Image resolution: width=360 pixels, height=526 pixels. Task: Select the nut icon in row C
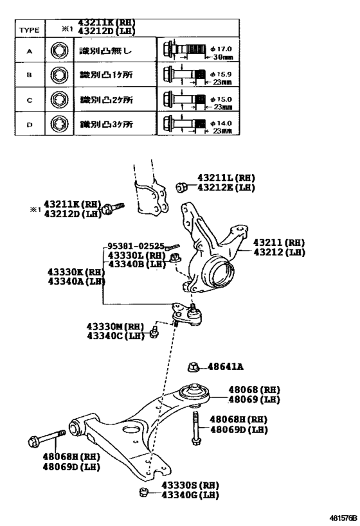click(59, 100)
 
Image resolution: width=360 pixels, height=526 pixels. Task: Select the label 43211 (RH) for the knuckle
click(278, 243)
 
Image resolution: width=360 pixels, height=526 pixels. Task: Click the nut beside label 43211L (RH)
click(181, 187)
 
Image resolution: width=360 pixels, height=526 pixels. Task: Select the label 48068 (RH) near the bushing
click(245, 390)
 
